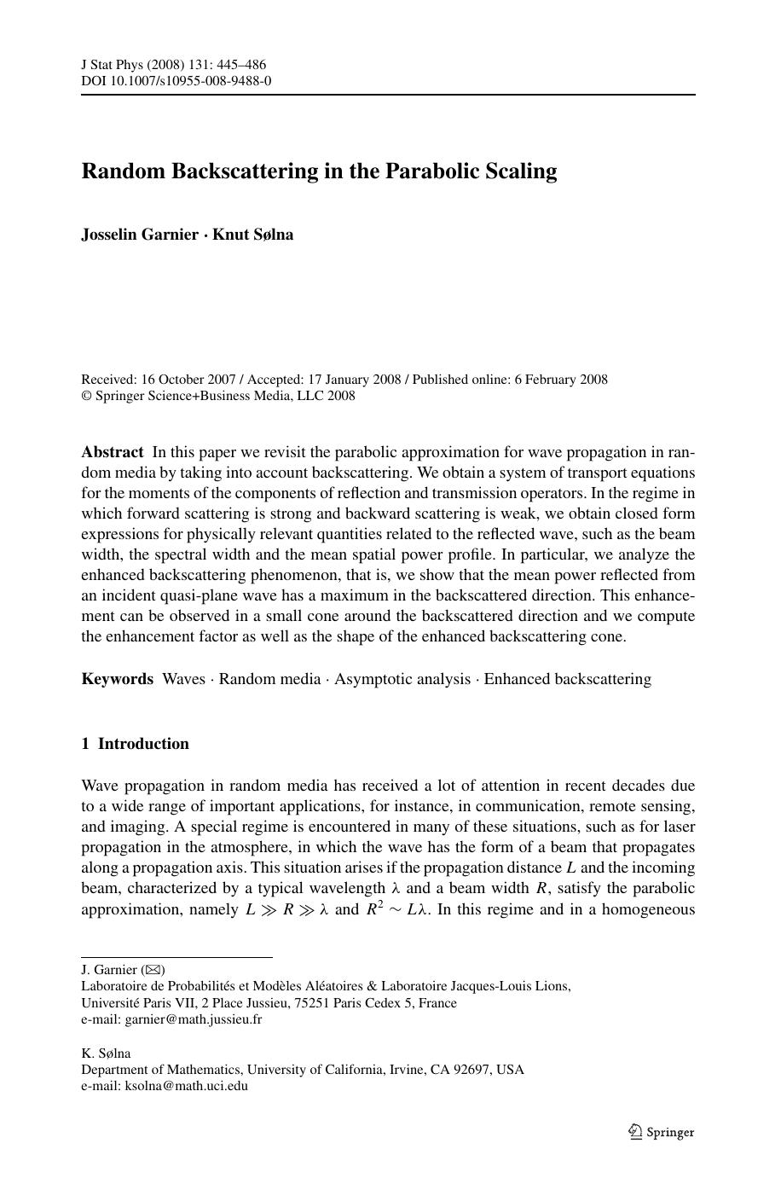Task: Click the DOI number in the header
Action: (191, 81)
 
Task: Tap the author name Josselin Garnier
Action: (140, 235)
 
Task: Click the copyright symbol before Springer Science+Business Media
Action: (86, 396)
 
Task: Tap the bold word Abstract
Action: (113, 452)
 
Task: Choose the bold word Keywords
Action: (118, 679)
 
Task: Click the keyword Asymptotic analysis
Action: (402, 679)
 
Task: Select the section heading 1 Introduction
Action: (136, 744)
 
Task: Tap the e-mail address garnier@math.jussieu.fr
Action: (194, 1019)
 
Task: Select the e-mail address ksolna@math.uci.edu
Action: (187, 1086)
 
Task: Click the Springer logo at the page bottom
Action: (662, 1132)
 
